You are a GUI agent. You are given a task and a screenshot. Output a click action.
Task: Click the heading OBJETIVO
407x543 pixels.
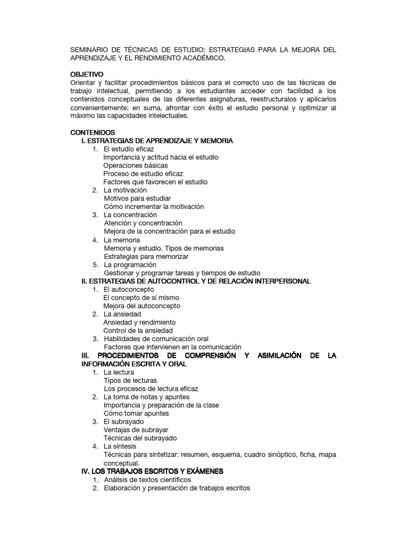click(87, 74)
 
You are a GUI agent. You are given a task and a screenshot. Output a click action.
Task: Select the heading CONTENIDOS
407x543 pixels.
click(92, 132)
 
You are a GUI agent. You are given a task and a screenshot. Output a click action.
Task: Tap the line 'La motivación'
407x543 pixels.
click(125, 190)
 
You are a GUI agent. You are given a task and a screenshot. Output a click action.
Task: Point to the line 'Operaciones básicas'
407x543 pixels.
click(136, 165)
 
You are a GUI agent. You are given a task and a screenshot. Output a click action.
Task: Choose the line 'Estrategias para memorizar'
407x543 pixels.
click(146, 256)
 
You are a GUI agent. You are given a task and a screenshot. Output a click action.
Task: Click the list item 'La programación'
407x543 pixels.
click(130, 265)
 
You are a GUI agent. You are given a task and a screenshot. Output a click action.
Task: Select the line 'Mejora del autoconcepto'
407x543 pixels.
click(141, 306)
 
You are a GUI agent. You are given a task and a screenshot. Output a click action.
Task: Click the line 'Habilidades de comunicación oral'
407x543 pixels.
click(156, 339)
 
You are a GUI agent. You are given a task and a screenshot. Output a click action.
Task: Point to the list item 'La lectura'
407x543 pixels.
click(120, 372)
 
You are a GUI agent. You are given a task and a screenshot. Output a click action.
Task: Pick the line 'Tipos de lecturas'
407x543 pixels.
click(130, 380)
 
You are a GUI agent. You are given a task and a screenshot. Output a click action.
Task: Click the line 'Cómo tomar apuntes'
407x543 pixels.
click(136, 413)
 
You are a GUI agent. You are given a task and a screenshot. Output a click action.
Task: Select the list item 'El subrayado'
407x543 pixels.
click(123, 422)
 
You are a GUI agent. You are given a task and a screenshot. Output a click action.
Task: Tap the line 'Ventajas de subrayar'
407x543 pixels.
click(136, 430)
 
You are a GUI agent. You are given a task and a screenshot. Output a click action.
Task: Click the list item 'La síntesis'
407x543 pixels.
click(120, 446)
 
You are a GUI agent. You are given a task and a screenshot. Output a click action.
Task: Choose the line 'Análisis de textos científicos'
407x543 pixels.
click(147, 479)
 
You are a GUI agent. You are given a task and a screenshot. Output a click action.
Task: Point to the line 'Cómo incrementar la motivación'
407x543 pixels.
click(154, 207)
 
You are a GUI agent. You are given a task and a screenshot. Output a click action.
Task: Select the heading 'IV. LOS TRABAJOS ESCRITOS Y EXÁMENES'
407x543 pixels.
click(152, 471)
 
